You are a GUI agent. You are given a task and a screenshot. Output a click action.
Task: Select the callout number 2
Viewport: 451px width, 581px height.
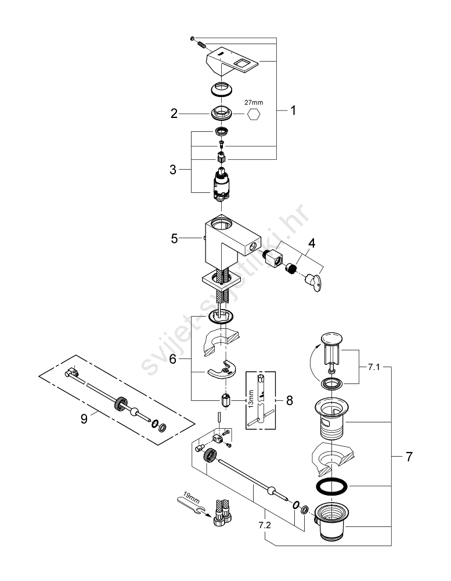174,114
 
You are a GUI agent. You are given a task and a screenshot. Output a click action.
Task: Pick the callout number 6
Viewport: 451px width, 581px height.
173,360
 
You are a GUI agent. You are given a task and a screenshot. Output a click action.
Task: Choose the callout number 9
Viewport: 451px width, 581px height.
84,418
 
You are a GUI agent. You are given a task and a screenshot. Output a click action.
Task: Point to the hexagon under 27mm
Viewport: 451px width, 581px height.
253,115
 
